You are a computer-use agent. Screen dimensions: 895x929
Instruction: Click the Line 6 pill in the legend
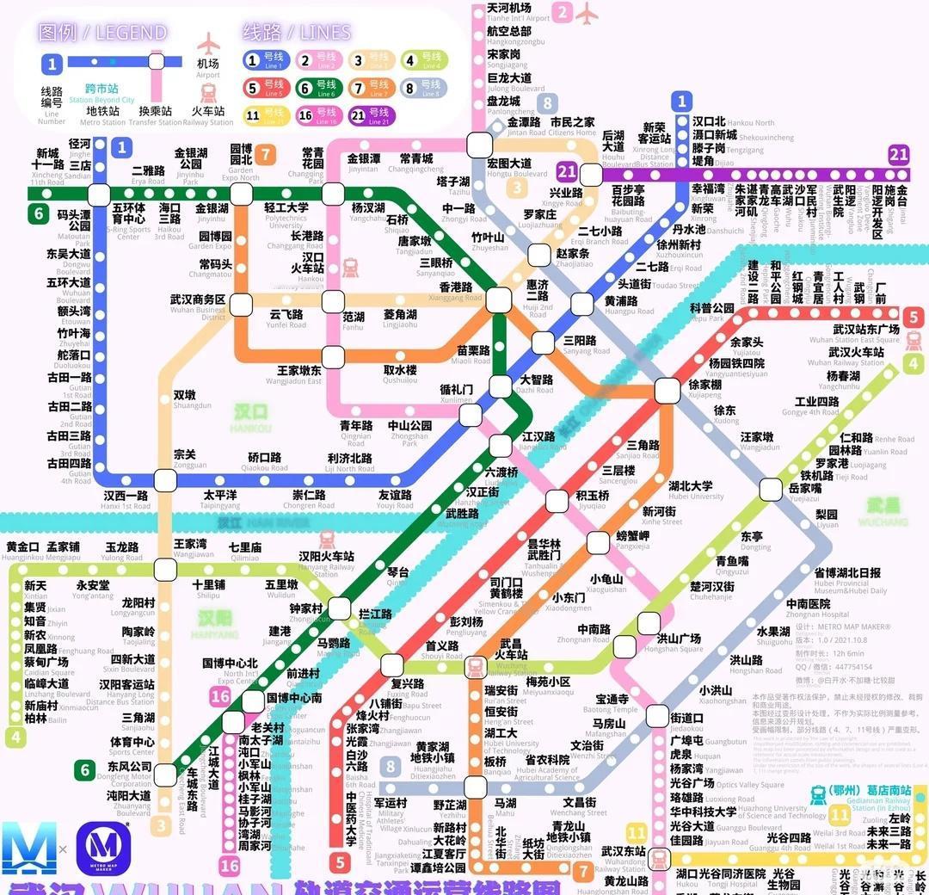click(x=316, y=88)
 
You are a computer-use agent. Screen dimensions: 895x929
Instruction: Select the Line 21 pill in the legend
click(x=369, y=115)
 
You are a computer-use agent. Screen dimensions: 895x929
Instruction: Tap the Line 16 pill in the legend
click(x=316, y=115)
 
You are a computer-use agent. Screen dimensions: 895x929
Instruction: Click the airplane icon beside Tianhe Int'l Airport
click(x=588, y=13)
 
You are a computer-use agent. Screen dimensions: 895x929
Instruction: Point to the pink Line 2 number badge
click(x=563, y=12)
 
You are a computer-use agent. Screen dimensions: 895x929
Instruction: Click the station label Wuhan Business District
click(x=197, y=305)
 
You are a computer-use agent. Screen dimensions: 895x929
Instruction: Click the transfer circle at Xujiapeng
click(x=666, y=391)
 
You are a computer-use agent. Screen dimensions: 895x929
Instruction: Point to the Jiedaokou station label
click(x=686, y=722)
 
